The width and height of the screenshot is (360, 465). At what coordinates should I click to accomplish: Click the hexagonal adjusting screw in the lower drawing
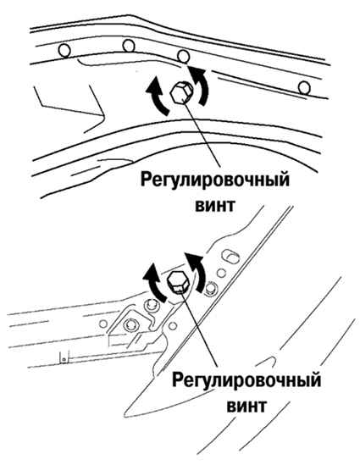point(178,283)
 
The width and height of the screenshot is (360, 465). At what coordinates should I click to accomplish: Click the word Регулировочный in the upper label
point(214,180)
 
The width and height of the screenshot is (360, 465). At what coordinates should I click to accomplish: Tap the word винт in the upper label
point(215,205)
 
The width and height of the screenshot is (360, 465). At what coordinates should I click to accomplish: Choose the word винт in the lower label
point(246,406)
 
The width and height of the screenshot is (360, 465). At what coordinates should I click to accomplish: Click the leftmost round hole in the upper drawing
point(64,50)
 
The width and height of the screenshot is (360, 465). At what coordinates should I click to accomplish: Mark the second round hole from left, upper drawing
point(129,46)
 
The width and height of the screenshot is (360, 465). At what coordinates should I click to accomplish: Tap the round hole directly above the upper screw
point(183,56)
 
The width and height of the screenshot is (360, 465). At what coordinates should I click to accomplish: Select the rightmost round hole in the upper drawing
point(304,88)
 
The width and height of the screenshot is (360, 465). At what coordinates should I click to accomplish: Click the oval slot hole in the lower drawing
point(231,255)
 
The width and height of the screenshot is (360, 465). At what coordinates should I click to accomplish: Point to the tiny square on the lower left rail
point(64,360)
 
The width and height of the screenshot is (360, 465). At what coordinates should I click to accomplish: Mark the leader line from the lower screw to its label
point(200,329)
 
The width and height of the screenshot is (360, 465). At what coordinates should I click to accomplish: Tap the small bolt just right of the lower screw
point(211,288)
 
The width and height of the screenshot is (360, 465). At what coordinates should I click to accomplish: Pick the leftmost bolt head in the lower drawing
point(130,324)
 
